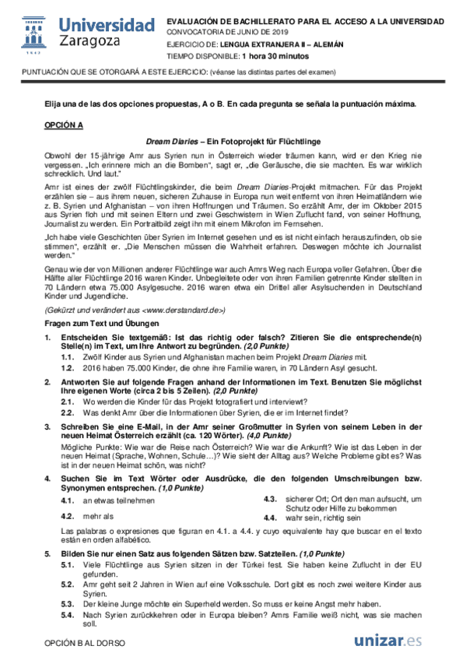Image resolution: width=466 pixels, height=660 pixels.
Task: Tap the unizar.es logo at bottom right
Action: point(387,641)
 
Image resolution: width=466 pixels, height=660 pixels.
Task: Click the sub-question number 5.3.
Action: point(68,604)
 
